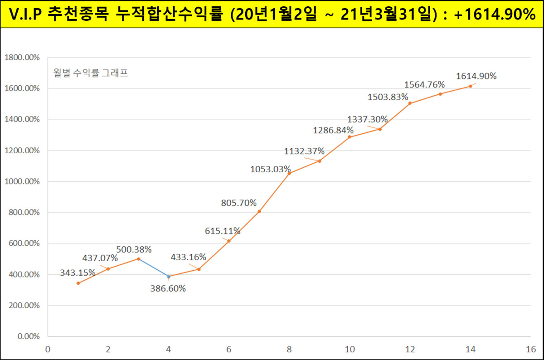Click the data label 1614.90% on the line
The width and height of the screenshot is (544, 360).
(476, 76)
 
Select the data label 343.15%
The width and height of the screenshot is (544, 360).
(78, 272)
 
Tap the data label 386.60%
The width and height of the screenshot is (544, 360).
(168, 288)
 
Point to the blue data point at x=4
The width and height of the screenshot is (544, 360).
(169, 276)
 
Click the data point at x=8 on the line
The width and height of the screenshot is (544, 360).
(289, 173)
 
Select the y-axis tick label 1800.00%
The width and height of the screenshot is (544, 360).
(22, 58)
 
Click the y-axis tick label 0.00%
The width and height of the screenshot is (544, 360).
(28, 336)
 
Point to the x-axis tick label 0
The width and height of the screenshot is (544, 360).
(48, 350)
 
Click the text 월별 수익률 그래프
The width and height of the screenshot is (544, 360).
(91, 73)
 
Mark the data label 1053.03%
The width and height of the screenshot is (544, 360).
(271, 169)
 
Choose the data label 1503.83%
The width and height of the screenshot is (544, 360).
(388, 97)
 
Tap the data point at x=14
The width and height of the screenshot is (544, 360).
(471, 86)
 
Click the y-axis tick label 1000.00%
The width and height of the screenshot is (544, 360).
(22, 181)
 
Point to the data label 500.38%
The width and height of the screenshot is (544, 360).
(134, 249)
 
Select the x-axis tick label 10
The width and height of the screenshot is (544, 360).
(350, 350)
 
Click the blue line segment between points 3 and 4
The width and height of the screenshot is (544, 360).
(154, 268)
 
